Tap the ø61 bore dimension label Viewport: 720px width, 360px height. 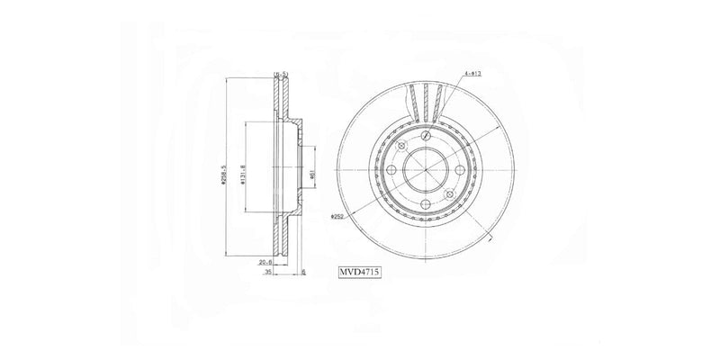click(310, 175)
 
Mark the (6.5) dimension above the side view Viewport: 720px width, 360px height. click(281, 74)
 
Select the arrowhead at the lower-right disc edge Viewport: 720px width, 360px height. click(488, 241)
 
